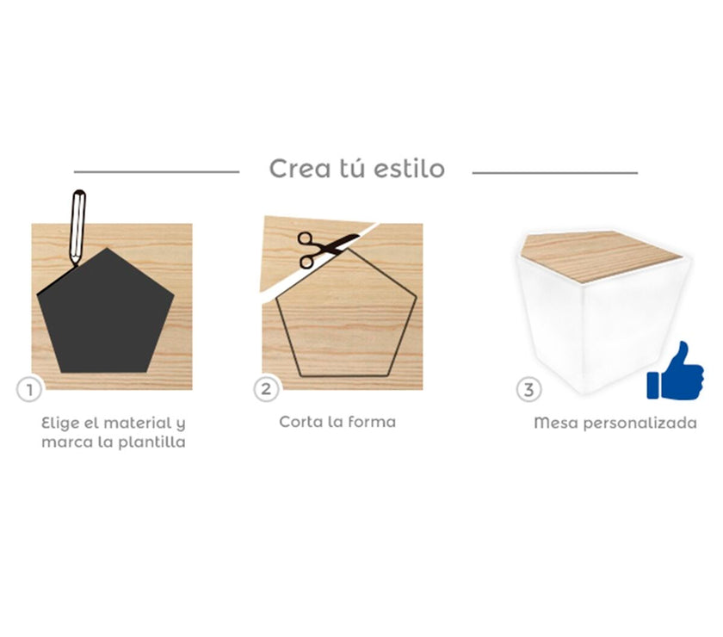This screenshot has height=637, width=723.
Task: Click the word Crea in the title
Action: coord(300,169)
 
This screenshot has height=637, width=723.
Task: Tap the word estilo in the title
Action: coord(409,169)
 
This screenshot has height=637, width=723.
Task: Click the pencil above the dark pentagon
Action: coord(77,227)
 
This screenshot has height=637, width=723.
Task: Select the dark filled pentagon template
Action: coord(106,312)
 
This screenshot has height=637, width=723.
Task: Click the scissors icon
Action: coord(325,250)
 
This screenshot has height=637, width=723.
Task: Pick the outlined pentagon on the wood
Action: coord(346,312)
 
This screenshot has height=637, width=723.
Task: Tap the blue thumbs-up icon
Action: coord(675,371)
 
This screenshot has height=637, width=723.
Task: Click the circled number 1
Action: coord(29,390)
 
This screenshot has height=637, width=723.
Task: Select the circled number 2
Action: coord(266,389)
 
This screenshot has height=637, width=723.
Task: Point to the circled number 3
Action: coord(528,390)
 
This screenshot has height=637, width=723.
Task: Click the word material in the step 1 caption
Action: coord(138,423)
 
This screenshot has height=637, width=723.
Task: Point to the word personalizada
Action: coord(640,424)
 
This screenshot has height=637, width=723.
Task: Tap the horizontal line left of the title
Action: coord(157,172)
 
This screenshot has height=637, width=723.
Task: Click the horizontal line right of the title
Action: coord(555,172)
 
